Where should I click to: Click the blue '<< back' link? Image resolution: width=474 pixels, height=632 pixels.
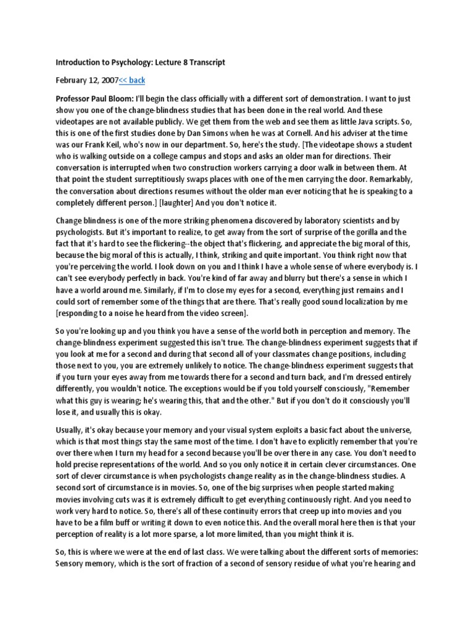click(x=132, y=80)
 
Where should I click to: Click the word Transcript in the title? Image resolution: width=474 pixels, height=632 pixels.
click(x=205, y=62)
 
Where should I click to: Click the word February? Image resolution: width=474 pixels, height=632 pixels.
click(x=72, y=80)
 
